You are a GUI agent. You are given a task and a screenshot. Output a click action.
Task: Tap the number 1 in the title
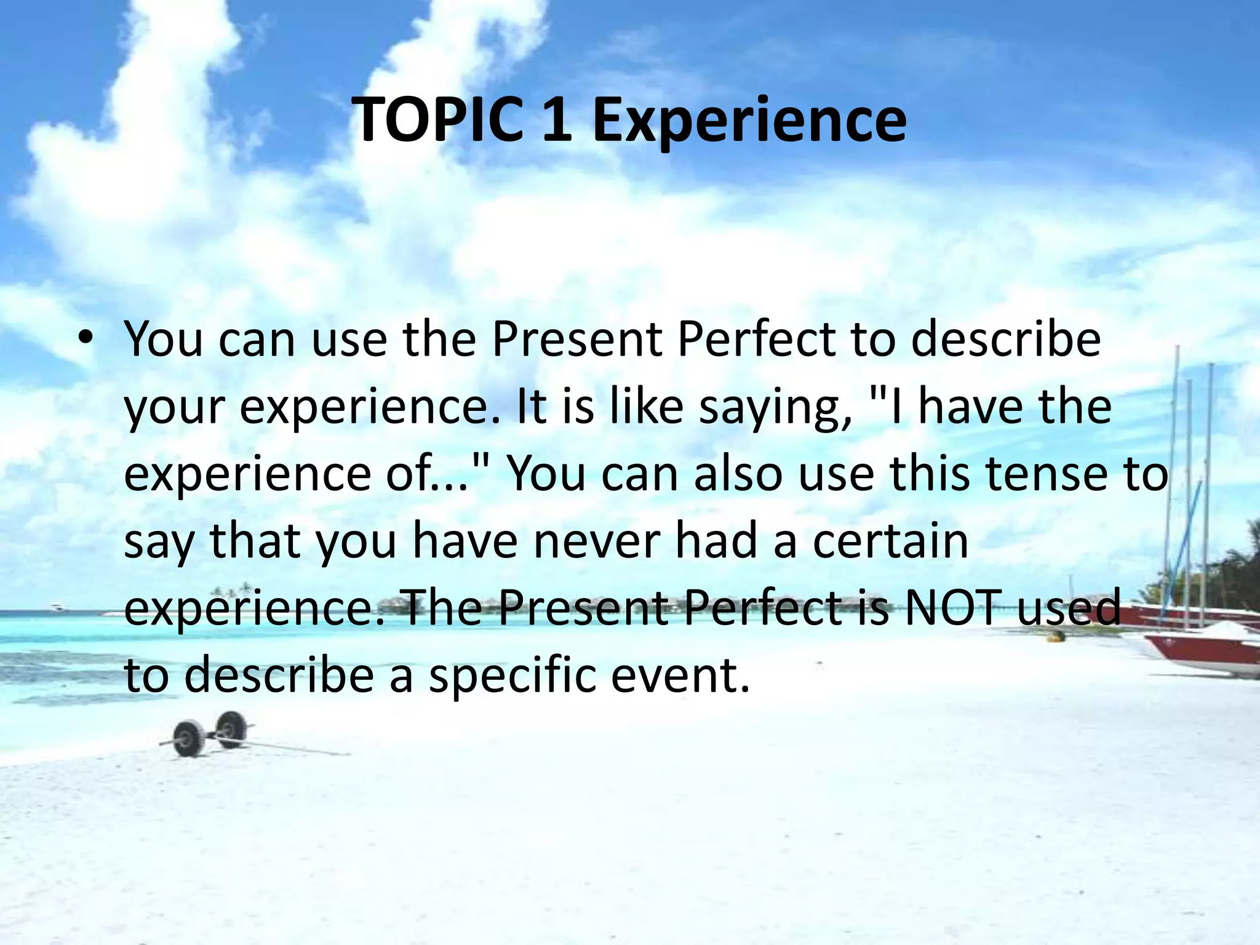tap(554, 119)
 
